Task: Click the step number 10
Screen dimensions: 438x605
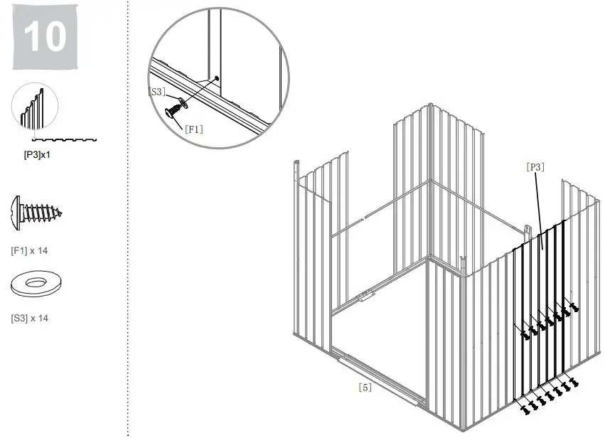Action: (44, 37)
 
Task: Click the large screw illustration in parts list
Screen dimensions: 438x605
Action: (36, 212)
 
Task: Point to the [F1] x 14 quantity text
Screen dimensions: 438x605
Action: (29, 250)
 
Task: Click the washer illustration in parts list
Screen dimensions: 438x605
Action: (34, 285)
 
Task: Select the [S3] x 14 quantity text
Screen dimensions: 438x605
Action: (30, 318)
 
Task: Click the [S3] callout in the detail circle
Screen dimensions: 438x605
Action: (157, 92)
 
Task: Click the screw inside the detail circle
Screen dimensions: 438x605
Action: (173, 111)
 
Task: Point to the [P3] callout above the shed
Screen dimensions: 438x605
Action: (535, 167)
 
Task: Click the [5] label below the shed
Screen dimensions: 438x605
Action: (364, 388)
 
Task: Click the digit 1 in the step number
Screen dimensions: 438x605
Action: (31, 37)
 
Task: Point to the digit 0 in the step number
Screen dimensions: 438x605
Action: (54, 37)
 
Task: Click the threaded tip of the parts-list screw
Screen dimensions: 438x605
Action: (60, 213)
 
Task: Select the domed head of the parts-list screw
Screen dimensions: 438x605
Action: (17, 212)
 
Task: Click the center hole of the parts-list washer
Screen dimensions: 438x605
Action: (34, 283)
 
